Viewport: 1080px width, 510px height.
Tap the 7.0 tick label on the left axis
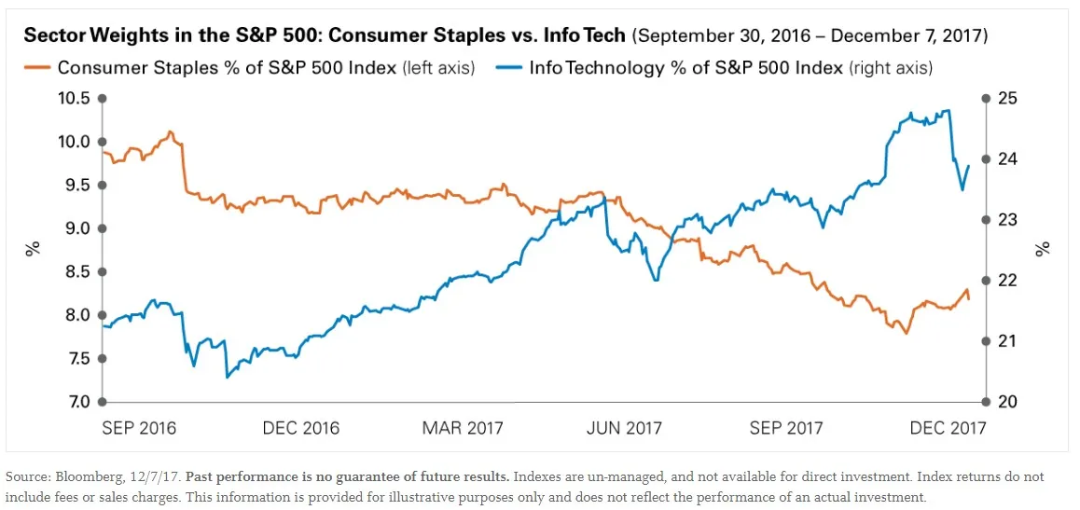pos(74,402)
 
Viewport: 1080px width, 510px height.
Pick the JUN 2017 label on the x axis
pos(624,428)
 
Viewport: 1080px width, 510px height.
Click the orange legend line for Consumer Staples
pos(36,68)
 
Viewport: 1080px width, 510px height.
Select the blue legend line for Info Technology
pos(507,68)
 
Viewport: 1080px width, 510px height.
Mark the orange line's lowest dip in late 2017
pos(905,333)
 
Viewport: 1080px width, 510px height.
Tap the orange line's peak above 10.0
pos(169,131)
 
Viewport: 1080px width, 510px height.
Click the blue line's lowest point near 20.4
pos(227,378)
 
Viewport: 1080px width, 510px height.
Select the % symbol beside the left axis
pos(33,249)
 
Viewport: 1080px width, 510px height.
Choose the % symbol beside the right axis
pos(1045,249)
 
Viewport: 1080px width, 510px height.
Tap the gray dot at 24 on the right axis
pos(986,159)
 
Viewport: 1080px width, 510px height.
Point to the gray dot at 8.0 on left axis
pos(102,315)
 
